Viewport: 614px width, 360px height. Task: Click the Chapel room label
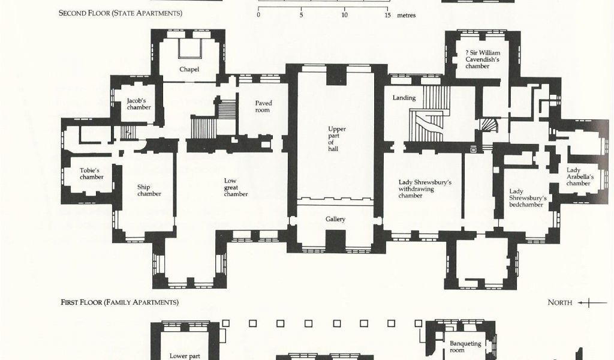(189, 70)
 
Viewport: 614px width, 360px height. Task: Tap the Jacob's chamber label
(139, 104)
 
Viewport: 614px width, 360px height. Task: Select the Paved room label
(263, 107)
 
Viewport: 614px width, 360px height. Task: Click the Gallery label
(336, 220)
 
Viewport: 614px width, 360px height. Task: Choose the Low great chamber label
(236, 187)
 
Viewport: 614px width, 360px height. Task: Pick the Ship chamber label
(149, 190)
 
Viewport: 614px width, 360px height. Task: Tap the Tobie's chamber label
(92, 173)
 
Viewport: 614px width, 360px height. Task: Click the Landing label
(404, 98)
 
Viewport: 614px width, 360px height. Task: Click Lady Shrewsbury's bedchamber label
(528, 198)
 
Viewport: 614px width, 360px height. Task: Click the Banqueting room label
(465, 347)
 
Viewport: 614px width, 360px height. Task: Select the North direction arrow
(592, 302)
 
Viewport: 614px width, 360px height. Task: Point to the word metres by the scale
(407, 16)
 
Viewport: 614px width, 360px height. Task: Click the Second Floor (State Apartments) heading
(120, 13)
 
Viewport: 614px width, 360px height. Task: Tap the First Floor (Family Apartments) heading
(119, 302)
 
